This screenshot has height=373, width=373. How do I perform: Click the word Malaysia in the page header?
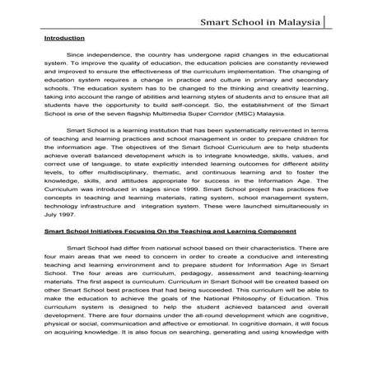pyautogui.click(x=298, y=15)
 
